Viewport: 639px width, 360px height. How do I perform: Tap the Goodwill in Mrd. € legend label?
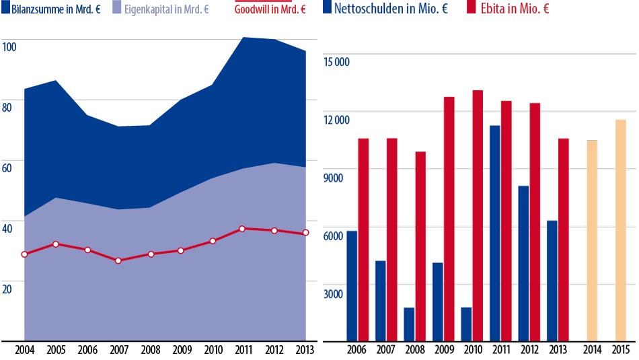click(270, 9)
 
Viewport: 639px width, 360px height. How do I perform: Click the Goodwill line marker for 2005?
click(56, 244)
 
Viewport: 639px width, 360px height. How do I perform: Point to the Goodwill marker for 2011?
click(242, 229)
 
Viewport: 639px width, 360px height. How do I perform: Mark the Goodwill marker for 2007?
click(118, 260)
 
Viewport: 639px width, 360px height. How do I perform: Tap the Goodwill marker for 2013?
click(306, 233)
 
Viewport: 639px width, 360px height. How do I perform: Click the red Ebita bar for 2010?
click(478, 215)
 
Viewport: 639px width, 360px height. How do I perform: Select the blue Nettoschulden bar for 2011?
click(494, 233)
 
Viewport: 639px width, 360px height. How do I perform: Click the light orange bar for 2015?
click(620, 229)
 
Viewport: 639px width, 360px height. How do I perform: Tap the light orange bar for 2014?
click(592, 240)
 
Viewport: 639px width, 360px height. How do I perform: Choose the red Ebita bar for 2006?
click(363, 239)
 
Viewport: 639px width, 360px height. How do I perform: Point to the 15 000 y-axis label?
click(336, 62)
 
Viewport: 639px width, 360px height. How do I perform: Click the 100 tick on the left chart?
click(9, 47)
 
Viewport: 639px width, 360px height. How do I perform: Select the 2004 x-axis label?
click(24, 350)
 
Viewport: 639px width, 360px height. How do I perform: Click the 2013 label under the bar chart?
click(558, 350)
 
